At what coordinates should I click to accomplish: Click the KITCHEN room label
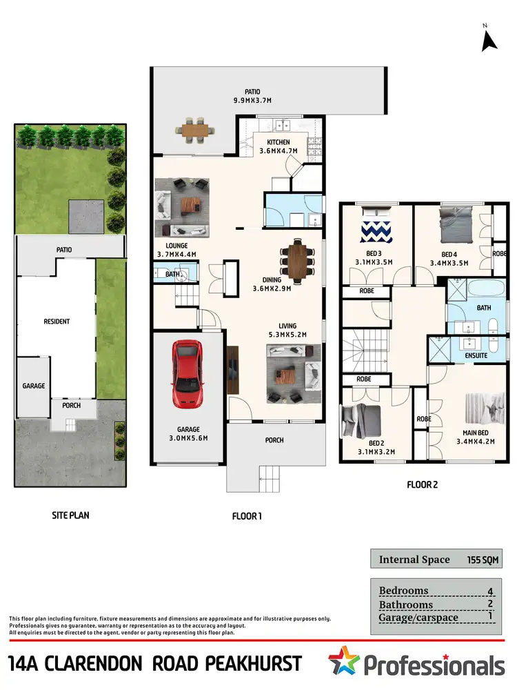pyautogui.click(x=274, y=142)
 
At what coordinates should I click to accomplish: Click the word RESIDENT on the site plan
pyautogui.click(x=57, y=322)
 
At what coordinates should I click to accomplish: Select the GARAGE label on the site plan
pyautogui.click(x=33, y=386)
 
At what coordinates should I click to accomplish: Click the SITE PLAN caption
pyautogui.click(x=71, y=515)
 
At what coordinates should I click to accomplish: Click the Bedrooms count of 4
pyautogui.click(x=490, y=591)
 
